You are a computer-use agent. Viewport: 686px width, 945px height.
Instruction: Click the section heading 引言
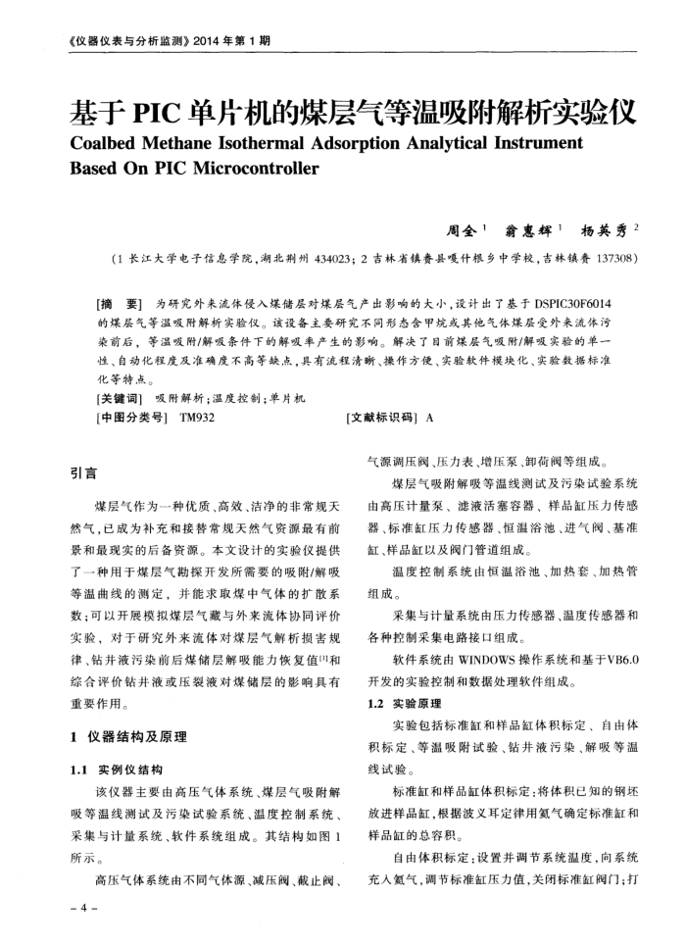(x=83, y=473)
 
